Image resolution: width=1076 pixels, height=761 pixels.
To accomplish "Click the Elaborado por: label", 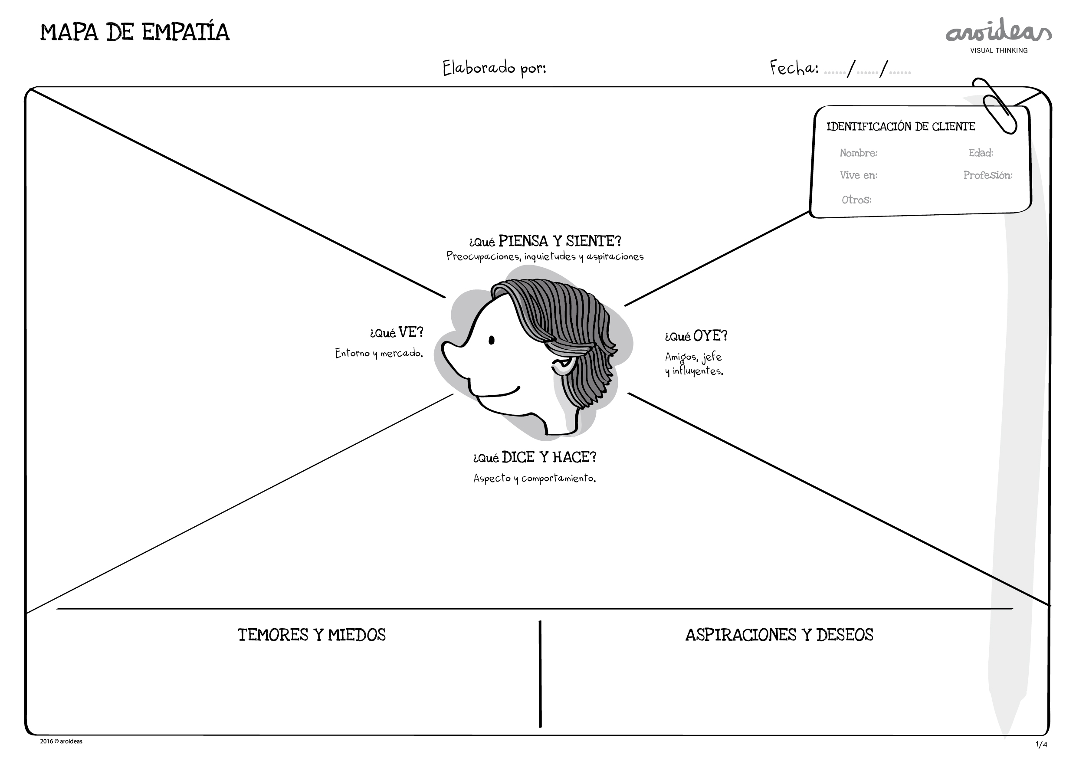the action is click(495, 69).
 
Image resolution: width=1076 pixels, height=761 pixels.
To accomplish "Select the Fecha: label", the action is click(794, 68).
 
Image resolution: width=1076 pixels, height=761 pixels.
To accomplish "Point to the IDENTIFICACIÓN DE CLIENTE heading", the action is click(901, 127).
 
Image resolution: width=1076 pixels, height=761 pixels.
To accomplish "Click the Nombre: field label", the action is click(859, 153).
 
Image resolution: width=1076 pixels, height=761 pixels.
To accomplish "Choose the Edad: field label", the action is click(981, 153).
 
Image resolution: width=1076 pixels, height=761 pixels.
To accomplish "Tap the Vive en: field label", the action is click(859, 175).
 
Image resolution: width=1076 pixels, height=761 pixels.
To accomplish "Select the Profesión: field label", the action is click(988, 175).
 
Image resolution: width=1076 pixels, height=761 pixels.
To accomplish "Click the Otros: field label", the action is click(856, 200).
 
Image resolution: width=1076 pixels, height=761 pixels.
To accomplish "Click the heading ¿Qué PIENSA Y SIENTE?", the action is click(545, 241).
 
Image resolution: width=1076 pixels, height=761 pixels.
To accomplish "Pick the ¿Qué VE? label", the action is click(397, 332).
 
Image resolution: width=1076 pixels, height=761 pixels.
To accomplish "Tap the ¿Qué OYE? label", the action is click(696, 335).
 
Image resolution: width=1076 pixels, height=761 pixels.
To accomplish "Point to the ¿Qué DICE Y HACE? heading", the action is click(535, 457).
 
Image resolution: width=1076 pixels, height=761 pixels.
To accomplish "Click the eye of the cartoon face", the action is click(492, 340).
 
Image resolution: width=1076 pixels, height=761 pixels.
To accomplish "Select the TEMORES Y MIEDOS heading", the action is click(312, 635).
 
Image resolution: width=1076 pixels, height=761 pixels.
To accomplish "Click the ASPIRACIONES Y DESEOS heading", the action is click(779, 635).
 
